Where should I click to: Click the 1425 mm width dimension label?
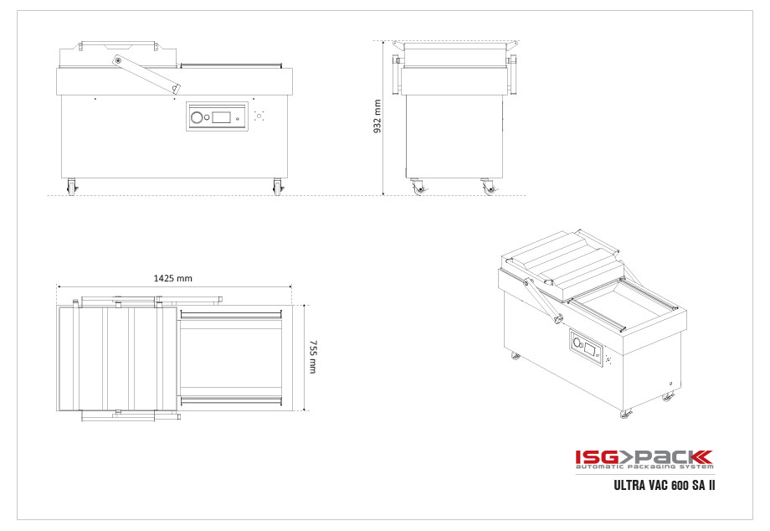coord(173,278)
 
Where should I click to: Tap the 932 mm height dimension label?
coord(377,116)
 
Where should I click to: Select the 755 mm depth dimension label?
coord(313,357)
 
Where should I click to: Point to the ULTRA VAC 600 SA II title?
coord(665,485)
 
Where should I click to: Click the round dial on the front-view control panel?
coord(197,117)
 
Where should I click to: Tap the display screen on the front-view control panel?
coord(222,117)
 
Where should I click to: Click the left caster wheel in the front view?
coord(72,188)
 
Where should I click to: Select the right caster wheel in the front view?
coord(278,188)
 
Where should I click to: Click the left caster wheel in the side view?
coord(418,187)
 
